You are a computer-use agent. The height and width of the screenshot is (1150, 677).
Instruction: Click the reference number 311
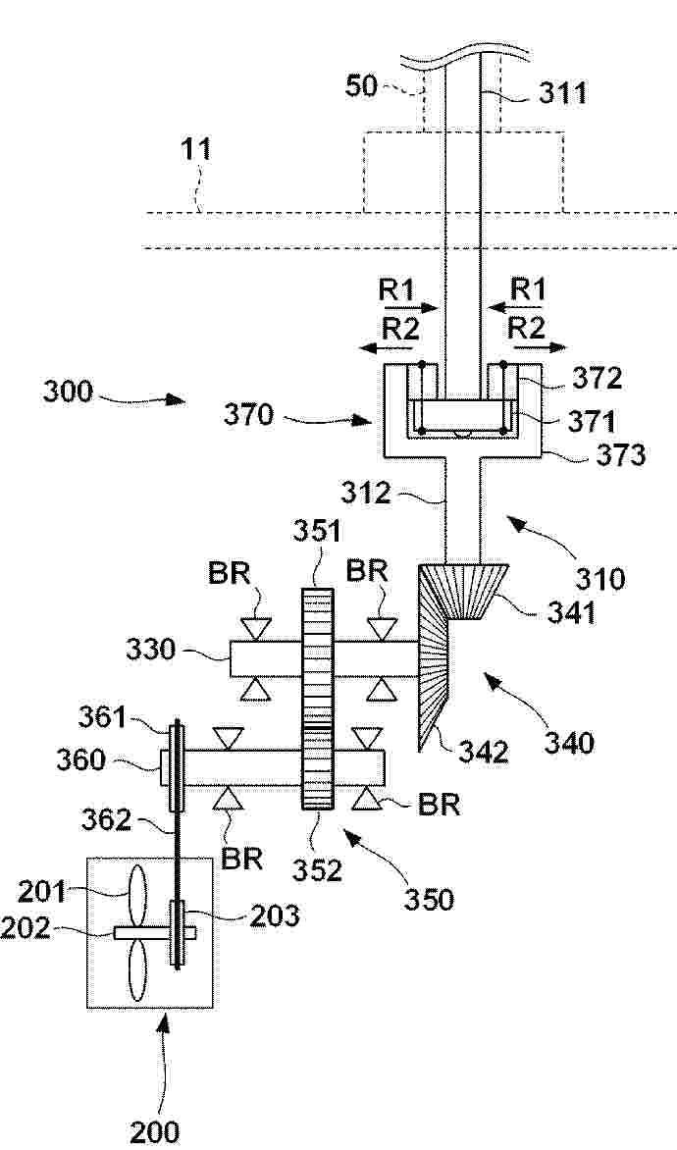(x=563, y=93)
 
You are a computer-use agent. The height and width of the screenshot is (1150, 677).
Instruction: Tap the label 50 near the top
(x=362, y=86)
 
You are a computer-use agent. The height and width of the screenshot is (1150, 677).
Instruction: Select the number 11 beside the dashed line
(x=196, y=149)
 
